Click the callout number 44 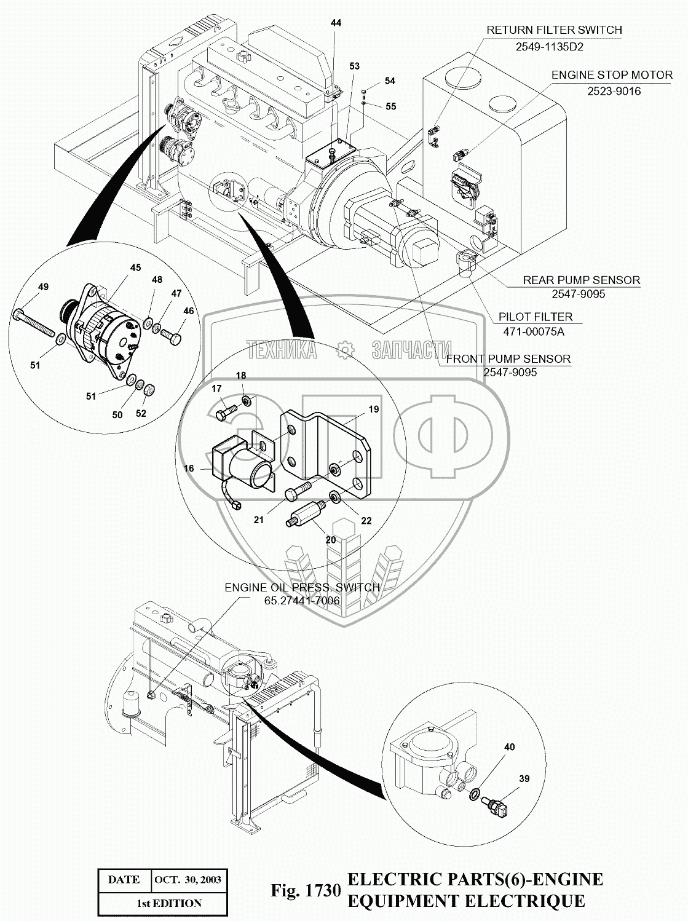point(336,23)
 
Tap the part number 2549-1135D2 point(549,47)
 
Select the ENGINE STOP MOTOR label point(612,75)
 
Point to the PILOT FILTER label point(536,317)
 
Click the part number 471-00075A point(534,332)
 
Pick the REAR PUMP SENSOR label point(582,280)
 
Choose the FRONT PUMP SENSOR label point(508,359)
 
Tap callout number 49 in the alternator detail point(43,287)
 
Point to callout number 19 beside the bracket point(373,409)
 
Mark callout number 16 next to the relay point(189,468)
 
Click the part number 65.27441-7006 point(302,601)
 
